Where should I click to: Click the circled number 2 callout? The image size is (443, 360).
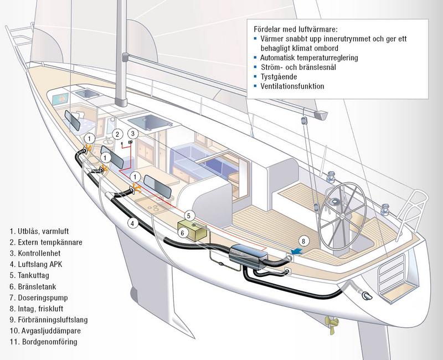click(x=117, y=135)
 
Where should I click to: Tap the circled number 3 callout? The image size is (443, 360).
click(x=132, y=133)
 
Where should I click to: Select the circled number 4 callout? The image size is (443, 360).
click(x=132, y=224)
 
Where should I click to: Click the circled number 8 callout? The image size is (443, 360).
click(x=303, y=240)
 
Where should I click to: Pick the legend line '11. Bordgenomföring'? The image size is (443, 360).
click(x=42, y=342)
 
